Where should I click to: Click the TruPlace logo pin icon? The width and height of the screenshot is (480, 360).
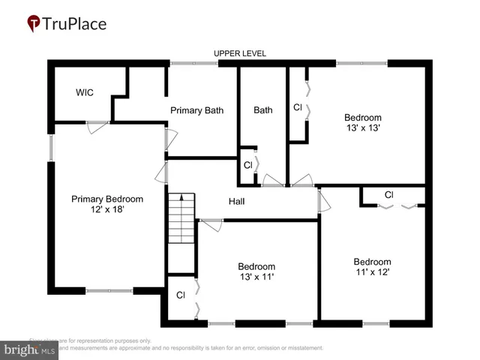[x=33, y=23]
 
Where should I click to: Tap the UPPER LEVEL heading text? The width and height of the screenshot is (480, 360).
[x=240, y=53]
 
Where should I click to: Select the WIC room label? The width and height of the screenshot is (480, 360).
[x=85, y=93]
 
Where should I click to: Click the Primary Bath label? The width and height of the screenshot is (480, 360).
[x=196, y=110]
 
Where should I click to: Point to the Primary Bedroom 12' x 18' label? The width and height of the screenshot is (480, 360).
[x=106, y=204]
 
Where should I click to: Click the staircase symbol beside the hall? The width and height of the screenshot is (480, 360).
[x=181, y=217]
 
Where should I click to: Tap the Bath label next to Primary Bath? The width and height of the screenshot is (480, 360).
[x=262, y=110]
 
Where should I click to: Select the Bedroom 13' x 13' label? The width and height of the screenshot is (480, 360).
[x=363, y=122]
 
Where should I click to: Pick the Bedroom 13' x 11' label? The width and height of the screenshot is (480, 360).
[x=256, y=271]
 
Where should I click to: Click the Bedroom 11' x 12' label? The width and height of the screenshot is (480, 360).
[x=373, y=266]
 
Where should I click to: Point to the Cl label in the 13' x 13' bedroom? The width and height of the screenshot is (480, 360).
[x=298, y=106]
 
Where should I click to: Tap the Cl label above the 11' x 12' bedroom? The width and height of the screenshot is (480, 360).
[x=388, y=195]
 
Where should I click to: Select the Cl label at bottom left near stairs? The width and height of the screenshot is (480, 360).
[x=181, y=295]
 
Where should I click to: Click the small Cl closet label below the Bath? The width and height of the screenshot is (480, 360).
[x=247, y=165]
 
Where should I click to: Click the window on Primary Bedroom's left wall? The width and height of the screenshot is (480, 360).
[x=51, y=148]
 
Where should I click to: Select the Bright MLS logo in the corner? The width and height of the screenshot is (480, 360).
[x=30, y=349]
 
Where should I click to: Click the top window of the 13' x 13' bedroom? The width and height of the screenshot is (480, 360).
[x=361, y=64]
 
